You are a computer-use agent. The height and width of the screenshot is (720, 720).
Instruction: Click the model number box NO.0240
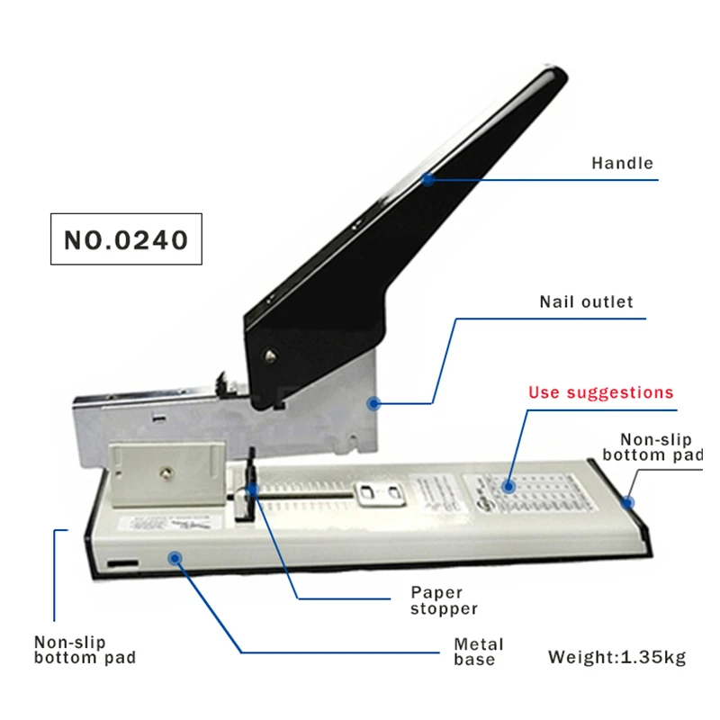126,238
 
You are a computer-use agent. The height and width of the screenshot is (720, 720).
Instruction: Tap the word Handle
622,164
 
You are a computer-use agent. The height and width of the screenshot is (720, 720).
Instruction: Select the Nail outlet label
586,301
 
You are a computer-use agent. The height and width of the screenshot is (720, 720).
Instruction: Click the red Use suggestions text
600,392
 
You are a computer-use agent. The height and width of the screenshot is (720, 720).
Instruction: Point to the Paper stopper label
444,600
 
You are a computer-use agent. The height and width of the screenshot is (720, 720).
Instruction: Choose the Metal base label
478,652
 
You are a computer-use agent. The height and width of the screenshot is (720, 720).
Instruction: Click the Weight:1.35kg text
616,657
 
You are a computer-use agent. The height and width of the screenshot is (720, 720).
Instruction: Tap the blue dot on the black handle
428,179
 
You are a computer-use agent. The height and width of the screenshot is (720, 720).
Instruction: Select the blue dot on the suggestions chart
508,486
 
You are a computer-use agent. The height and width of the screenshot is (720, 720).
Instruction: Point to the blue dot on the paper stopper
253,490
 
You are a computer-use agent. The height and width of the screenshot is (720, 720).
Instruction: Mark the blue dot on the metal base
175,558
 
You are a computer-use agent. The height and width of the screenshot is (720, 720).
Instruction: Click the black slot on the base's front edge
123,564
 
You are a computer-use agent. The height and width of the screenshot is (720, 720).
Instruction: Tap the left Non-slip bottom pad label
85,650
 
